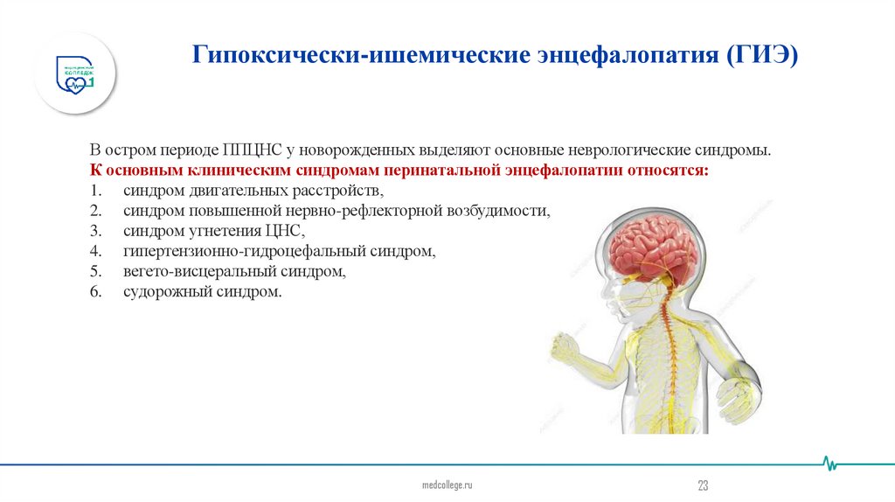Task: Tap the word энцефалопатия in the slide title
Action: coord(621,55)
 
